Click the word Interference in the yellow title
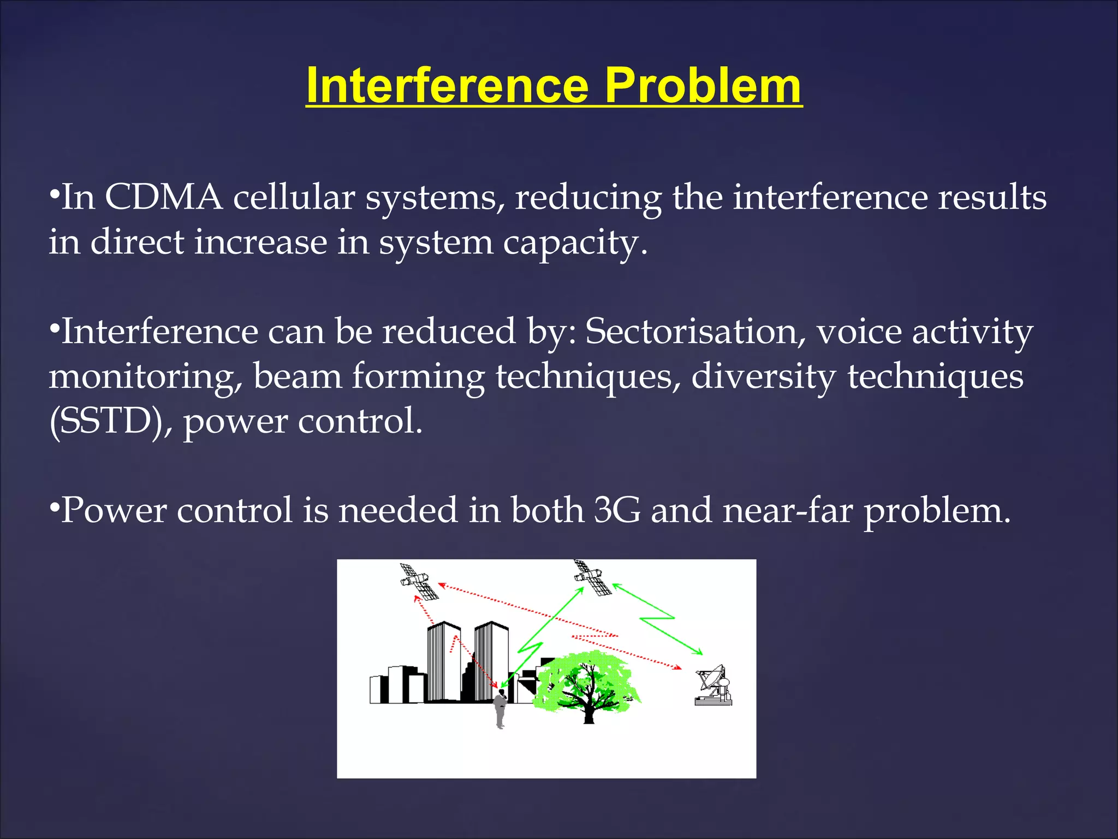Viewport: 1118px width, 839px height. point(447,86)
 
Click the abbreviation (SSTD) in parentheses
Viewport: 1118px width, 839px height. point(106,421)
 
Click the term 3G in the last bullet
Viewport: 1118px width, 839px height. point(617,510)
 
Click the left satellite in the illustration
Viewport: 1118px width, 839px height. point(419,582)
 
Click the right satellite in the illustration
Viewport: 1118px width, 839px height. point(593,577)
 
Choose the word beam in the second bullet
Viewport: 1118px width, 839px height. point(297,377)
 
